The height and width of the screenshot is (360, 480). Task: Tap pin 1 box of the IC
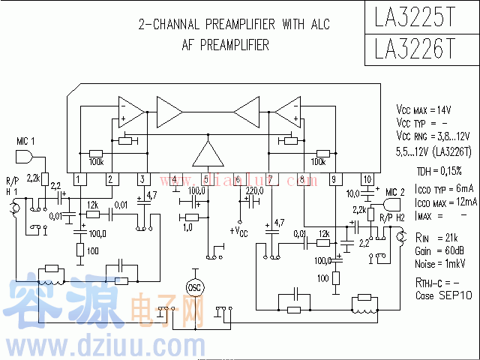(78, 179)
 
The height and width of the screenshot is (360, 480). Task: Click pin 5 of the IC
(206, 179)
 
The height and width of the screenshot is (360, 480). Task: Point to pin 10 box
(367, 179)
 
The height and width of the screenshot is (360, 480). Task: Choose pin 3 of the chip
(142, 179)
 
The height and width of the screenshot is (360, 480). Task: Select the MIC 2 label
(394, 193)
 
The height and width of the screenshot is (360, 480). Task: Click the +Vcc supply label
(239, 229)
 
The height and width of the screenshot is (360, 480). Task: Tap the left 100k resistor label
(96, 161)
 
